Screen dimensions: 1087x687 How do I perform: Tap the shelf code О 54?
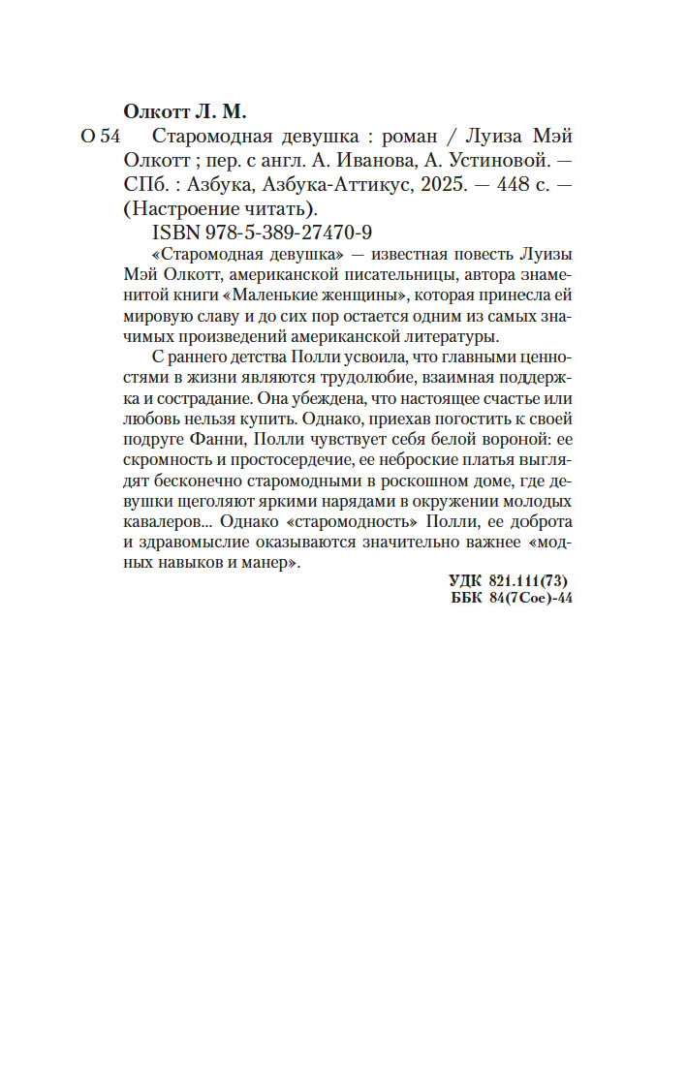point(100,136)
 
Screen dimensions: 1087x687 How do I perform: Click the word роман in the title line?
point(376,136)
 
